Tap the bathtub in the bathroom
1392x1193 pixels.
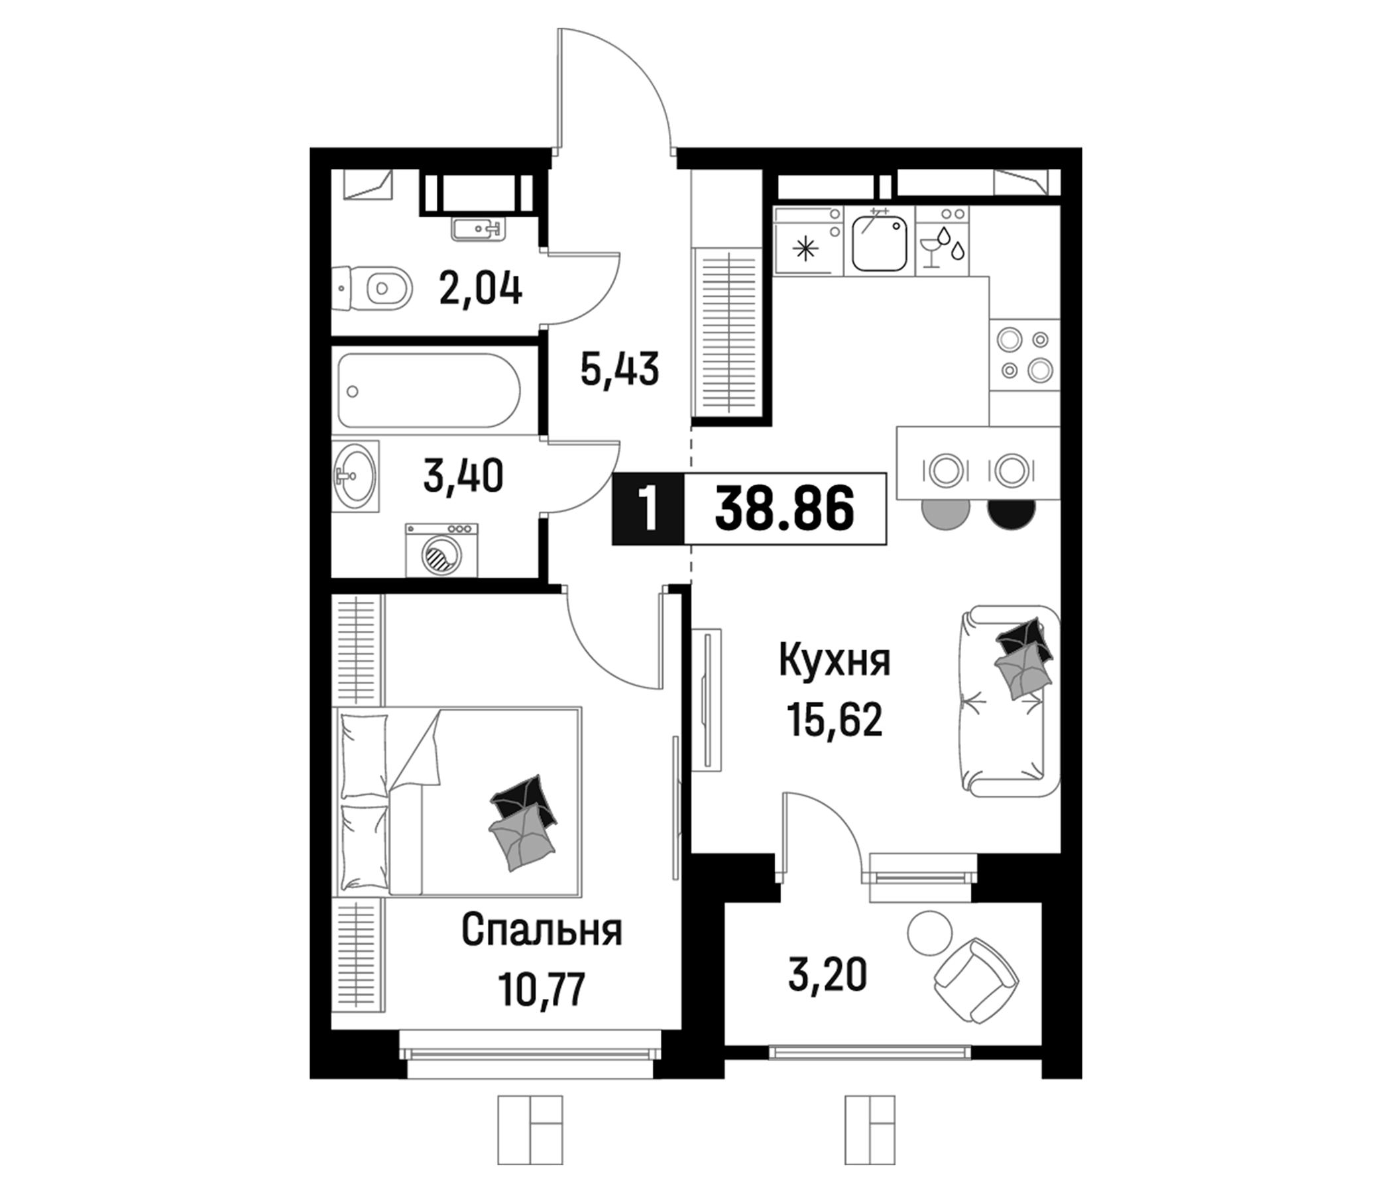click(430, 391)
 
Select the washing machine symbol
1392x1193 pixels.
click(441, 551)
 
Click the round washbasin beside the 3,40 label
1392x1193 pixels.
click(354, 477)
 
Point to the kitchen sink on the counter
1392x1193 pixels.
click(879, 243)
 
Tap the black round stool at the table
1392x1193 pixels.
click(1010, 512)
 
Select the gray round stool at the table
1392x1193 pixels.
click(946, 513)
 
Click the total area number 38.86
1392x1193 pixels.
click(785, 508)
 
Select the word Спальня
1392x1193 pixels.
click(542, 931)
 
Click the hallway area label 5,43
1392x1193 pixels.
click(619, 370)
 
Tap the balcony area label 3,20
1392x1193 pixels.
click(827, 975)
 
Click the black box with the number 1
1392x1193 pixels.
click(648, 508)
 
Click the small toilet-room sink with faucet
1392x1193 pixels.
click(477, 229)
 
